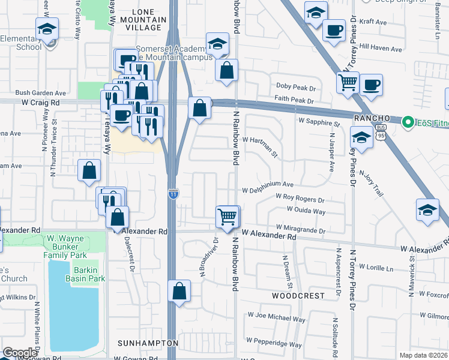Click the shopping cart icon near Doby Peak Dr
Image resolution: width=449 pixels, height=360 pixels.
click(x=348, y=82)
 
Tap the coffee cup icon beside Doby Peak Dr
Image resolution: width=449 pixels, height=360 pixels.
click(x=371, y=85)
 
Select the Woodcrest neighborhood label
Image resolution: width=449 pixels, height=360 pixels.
click(x=298, y=296)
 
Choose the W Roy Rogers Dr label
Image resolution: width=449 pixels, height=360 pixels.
click(x=300, y=197)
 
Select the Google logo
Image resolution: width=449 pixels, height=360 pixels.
click(x=19, y=353)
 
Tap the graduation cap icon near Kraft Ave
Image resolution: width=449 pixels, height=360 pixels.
click(x=315, y=12)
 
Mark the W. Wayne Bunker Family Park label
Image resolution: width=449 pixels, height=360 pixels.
click(x=67, y=247)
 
